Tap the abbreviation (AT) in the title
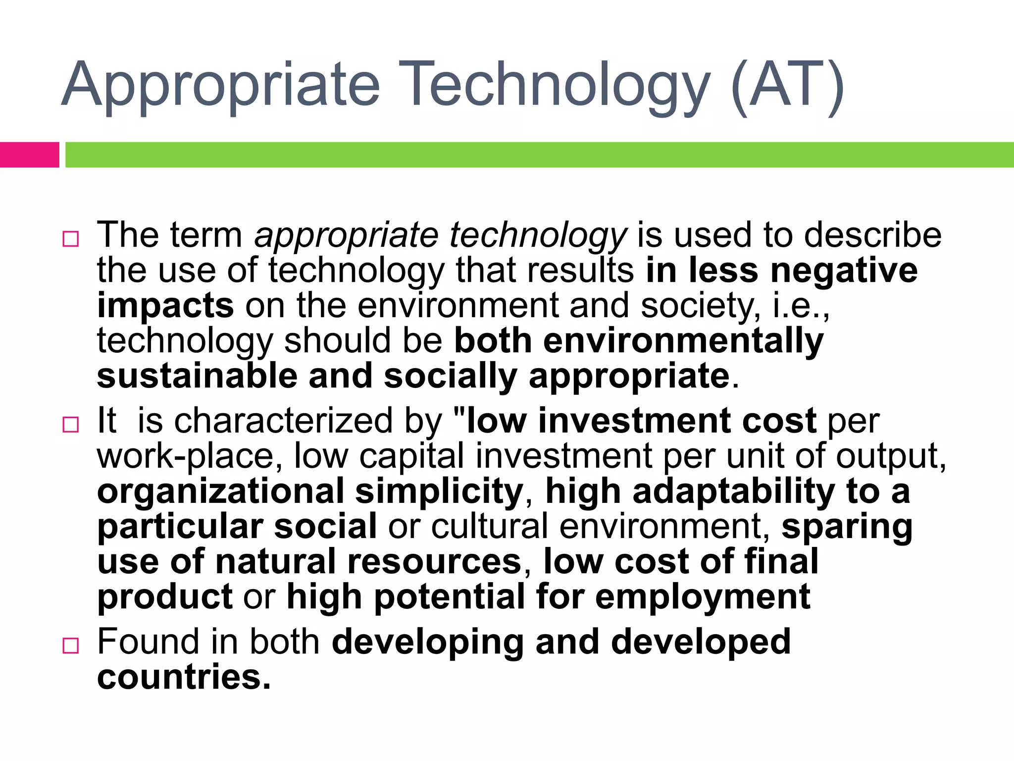787,85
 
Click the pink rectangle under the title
29,155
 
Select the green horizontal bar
540,155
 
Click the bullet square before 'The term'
71,239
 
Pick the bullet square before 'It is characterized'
71,425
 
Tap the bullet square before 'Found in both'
71,646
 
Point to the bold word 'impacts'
165,306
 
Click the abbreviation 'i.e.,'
801,305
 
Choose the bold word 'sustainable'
197,376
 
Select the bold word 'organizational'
220,491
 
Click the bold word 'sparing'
847,527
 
